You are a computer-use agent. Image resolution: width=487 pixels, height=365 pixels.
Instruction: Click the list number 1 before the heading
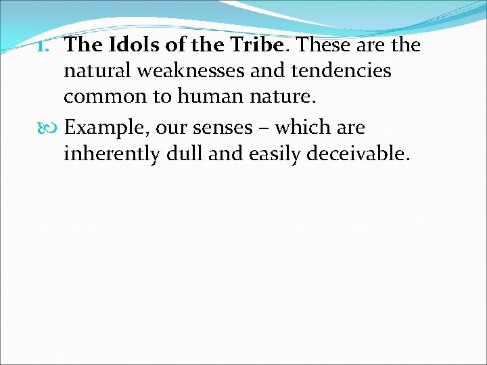pos(50,46)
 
